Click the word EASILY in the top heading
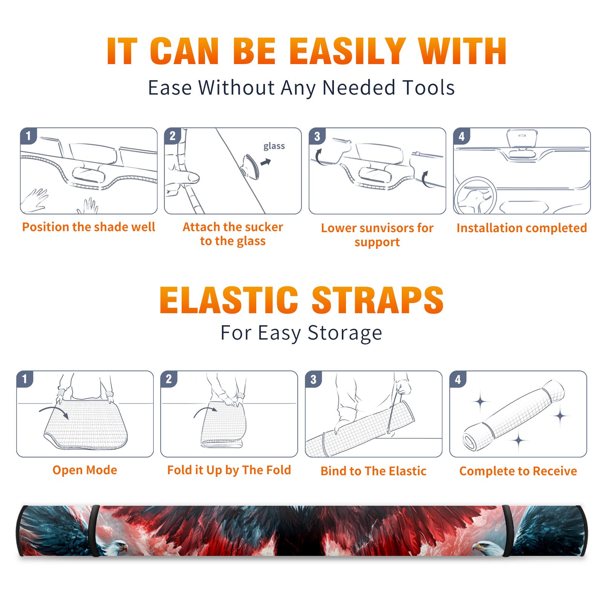tap(347, 51)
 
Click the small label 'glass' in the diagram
tap(274, 146)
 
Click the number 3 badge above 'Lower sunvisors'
tap(317, 136)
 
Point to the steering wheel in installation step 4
tap(475, 195)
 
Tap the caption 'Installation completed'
tap(522, 228)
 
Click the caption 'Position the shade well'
tap(89, 227)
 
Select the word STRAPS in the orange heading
tap(378, 300)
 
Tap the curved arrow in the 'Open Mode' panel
tap(54, 412)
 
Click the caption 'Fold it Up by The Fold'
tap(229, 470)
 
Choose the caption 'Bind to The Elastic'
tap(373, 471)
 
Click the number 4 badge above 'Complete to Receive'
tap(458, 379)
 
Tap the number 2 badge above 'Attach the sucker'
tap(173, 136)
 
